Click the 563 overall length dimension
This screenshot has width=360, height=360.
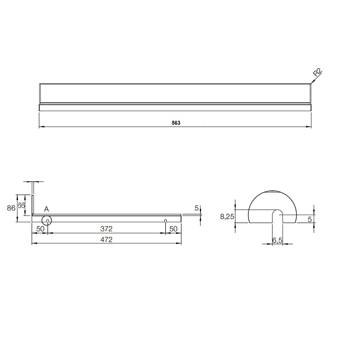click(176, 123)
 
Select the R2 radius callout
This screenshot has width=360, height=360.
click(318, 72)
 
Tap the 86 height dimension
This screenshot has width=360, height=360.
click(11, 208)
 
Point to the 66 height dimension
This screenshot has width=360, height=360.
click(21, 205)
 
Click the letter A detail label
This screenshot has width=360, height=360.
click(46, 209)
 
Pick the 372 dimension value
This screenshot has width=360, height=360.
click(107, 229)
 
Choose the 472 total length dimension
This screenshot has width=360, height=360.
click(107, 239)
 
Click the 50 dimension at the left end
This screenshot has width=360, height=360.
click(40, 229)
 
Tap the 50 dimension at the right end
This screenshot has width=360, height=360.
click(173, 229)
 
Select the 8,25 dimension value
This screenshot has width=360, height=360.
click(227, 216)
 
